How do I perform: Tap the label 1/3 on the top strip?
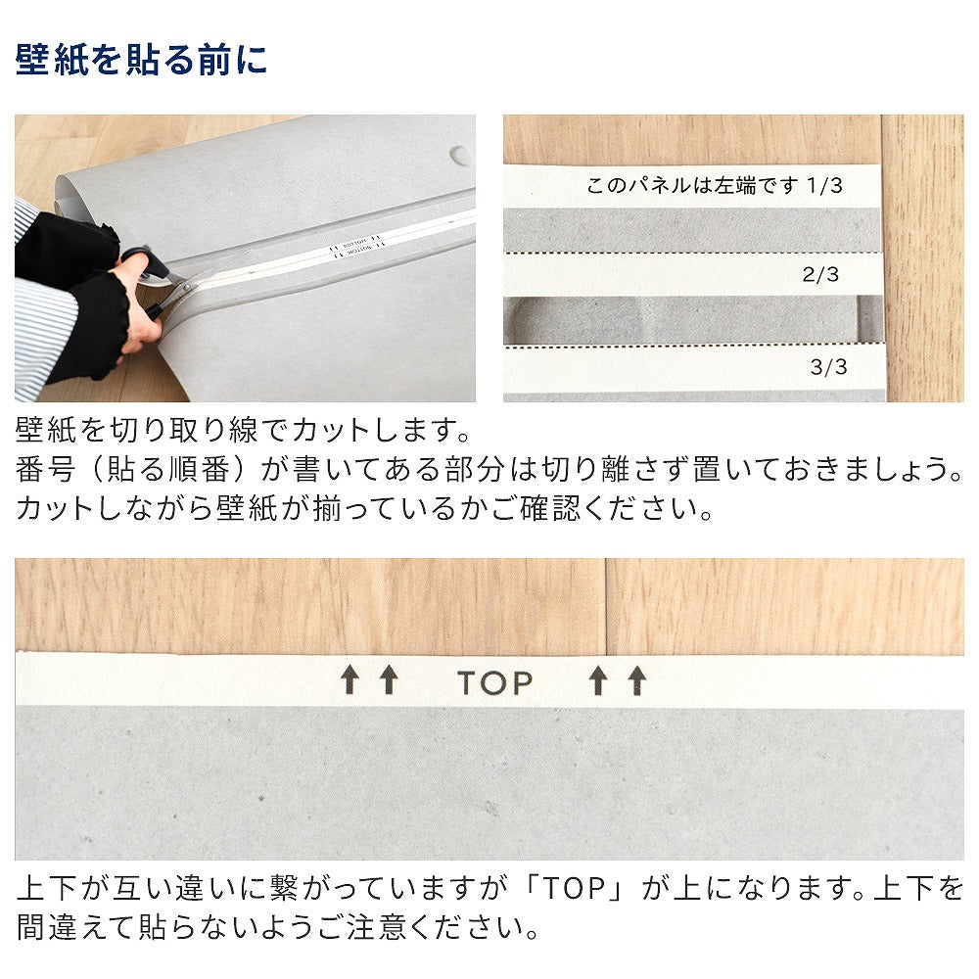[824, 186]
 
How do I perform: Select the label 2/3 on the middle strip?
[820, 275]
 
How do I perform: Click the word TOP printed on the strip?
[495, 682]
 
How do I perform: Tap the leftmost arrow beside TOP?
[350, 679]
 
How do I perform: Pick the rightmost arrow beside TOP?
[638, 679]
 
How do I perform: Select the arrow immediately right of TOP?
[598, 679]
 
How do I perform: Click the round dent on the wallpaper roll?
[460, 154]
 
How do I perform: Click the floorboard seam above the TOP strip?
[606, 607]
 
